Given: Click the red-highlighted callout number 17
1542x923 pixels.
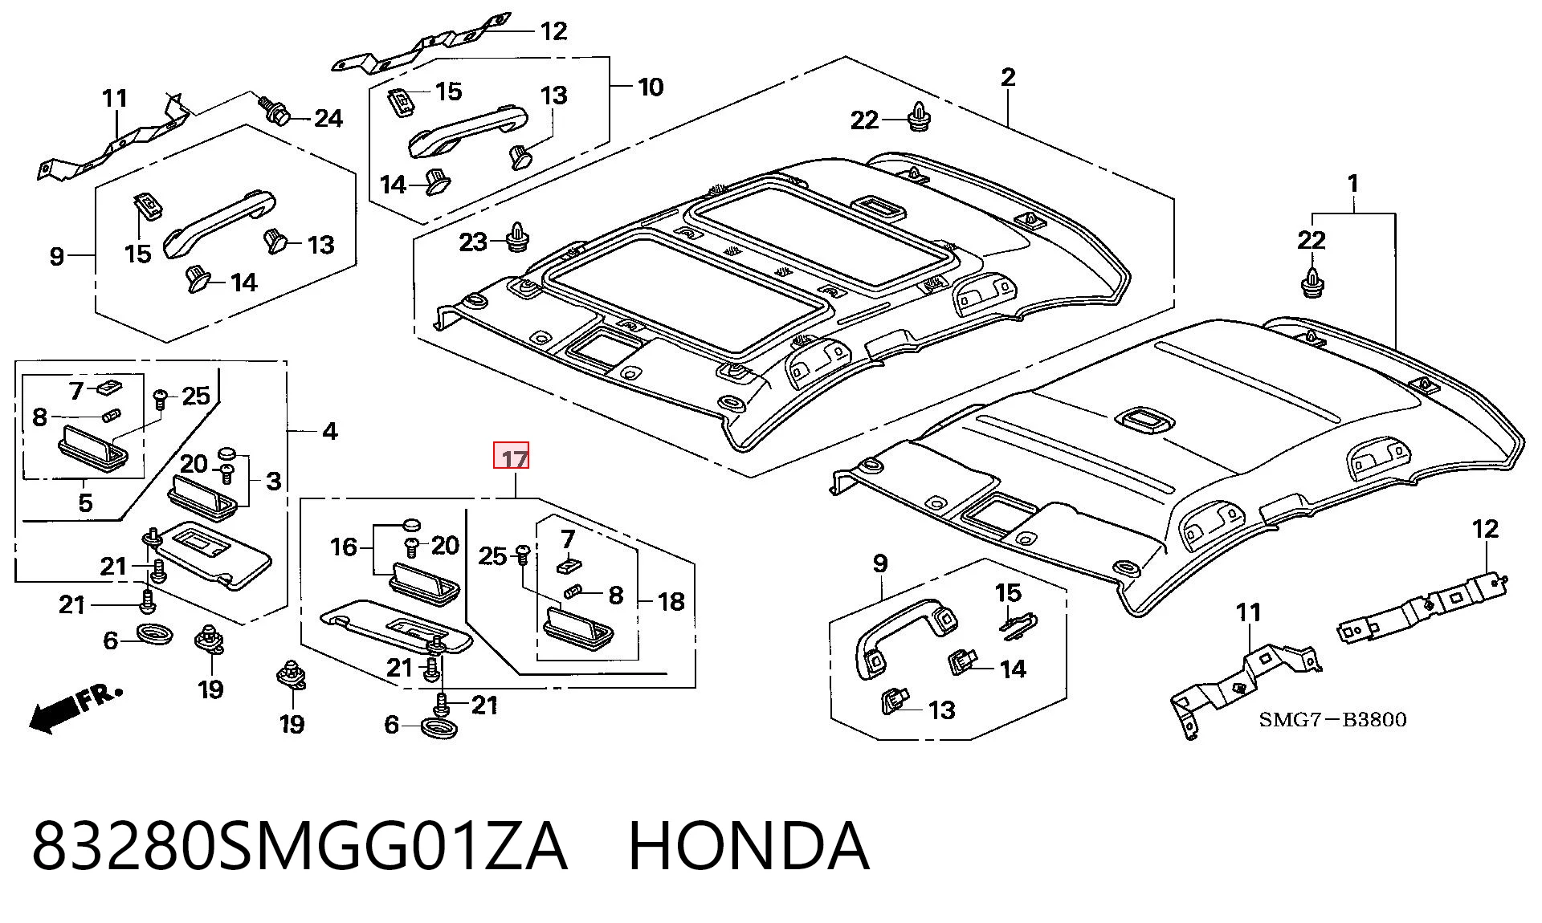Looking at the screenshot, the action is (512, 457).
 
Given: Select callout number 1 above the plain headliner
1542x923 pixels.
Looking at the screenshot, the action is (1353, 184).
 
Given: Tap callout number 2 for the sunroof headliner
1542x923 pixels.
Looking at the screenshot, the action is (1008, 78).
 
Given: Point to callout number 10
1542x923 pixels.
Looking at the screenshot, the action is (651, 87).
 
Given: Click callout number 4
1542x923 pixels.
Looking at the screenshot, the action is (329, 432).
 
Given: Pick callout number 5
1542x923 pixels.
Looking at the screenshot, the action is (85, 502).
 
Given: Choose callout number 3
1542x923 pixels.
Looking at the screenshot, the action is (273, 482).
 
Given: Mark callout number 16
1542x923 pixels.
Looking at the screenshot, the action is (344, 547).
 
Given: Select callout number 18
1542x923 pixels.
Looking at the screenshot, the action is (671, 601).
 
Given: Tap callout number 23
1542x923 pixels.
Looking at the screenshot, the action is (473, 242).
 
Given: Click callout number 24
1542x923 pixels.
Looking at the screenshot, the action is (328, 119).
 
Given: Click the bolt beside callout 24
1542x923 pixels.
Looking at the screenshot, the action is (274, 110).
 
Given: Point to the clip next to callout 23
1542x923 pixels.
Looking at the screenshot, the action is (518, 234).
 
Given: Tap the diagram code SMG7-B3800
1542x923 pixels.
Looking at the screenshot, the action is (1332, 719).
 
